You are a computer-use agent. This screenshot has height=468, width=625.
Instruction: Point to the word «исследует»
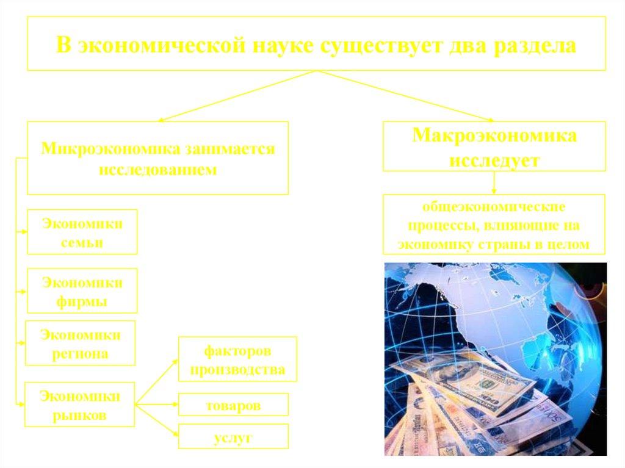tap(494, 161)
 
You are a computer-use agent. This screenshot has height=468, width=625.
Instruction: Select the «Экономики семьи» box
tap(81, 232)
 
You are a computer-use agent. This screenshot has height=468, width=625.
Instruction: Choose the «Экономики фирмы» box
tap(81, 291)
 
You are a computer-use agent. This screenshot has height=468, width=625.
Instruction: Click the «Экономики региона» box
tap(80, 343)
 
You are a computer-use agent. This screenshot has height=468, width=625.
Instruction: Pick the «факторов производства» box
tap(237, 360)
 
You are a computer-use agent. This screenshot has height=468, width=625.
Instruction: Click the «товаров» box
tap(233, 405)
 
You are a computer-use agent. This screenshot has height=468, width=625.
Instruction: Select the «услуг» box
tap(233, 437)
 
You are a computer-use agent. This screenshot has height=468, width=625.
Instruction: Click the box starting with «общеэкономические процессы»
tap(494, 224)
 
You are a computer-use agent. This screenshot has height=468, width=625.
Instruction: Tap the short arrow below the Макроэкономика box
tap(494, 182)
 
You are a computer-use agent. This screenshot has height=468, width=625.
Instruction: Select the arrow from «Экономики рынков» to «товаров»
tap(156, 404)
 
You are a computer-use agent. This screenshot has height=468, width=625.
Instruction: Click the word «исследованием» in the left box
tap(157, 170)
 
